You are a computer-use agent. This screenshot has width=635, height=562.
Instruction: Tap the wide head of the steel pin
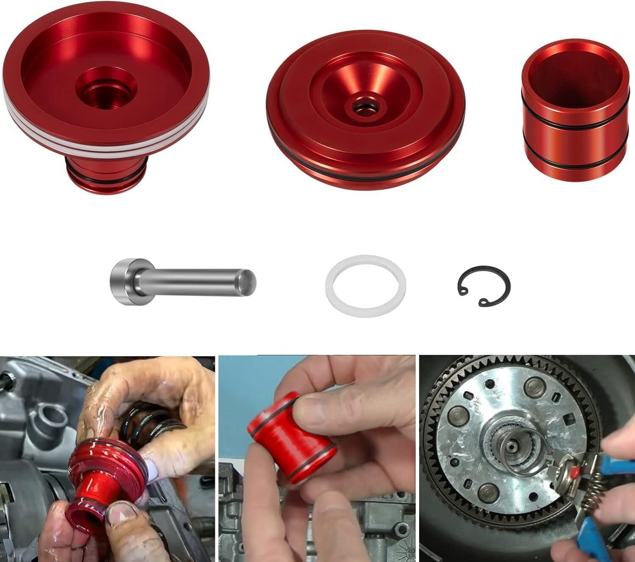124,281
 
